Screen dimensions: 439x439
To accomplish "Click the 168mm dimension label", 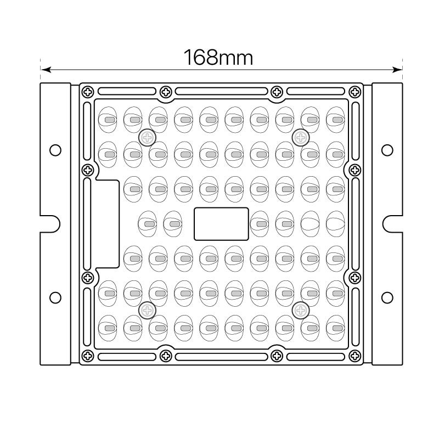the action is (218, 58).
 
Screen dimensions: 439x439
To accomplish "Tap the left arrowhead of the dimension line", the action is (46, 70).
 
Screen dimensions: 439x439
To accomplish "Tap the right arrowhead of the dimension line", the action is (397, 70).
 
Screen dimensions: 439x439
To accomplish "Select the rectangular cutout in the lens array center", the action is (221, 224).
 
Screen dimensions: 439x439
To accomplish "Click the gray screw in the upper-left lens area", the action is (147, 138).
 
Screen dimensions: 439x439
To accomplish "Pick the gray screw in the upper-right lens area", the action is (301, 138).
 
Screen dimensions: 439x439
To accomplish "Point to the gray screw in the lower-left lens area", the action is (147, 310).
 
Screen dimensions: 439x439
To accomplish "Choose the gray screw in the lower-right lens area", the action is (301, 310).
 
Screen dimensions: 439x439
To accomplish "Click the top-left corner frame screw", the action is (88, 92).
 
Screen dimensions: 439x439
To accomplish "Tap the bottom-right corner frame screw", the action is (354, 356).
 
